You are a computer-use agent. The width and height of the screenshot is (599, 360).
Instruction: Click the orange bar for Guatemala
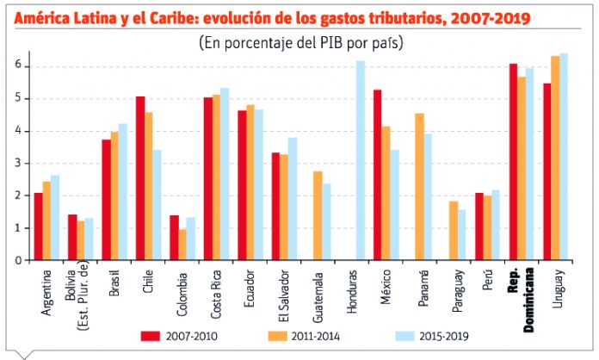[317, 215]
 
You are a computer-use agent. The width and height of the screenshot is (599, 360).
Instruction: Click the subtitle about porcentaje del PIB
[300, 41]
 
